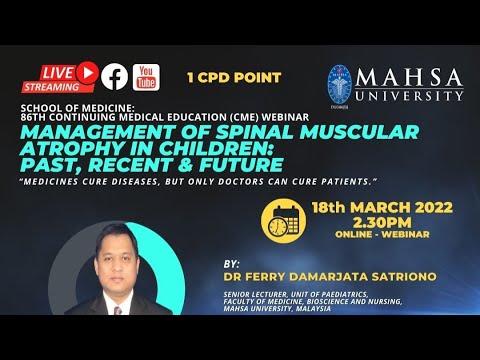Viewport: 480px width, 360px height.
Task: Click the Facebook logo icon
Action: pyautogui.click(x=114, y=76)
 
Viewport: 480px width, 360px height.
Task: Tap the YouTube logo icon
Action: pyautogui.click(x=146, y=76)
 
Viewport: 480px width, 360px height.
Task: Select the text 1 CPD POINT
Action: pyautogui.click(x=234, y=77)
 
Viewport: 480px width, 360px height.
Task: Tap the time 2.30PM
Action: pyautogui.click(x=367, y=221)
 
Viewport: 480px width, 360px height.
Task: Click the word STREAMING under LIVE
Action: pyautogui.click(x=59, y=86)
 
